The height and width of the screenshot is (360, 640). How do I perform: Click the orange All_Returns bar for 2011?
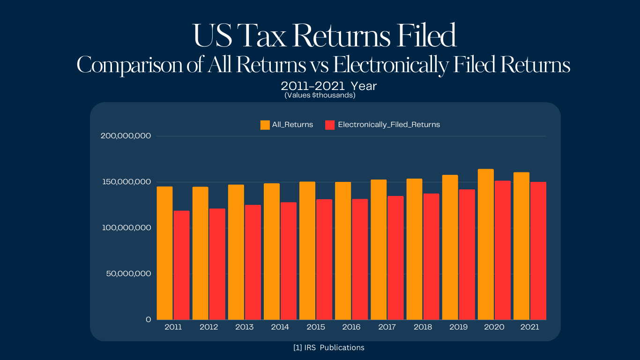pos(164,253)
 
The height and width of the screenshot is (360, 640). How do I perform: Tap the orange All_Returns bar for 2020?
pos(486,244)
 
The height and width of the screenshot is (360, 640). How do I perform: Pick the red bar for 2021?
pos(538,251)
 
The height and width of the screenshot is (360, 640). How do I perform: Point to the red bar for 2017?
pos(395,258)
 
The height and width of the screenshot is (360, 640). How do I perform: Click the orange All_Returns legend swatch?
pos(265,125)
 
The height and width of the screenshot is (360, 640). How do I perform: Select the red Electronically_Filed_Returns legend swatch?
pos(330,125)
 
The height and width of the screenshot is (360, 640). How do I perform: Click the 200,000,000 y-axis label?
pos(126,136)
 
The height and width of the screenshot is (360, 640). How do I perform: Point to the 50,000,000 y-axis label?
pos(128,273)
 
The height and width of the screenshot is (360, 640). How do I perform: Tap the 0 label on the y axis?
pos(148,319)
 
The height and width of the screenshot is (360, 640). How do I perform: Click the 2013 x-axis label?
pos(245,327)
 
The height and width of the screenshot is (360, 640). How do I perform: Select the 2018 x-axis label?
pos(423,327)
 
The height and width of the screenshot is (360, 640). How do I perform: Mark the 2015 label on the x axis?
pos(316,327)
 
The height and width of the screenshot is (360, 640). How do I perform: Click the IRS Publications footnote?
pos(328,348)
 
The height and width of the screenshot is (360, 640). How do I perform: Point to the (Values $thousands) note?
pos(320,95)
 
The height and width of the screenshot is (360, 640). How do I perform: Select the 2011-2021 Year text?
pos(328,86)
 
